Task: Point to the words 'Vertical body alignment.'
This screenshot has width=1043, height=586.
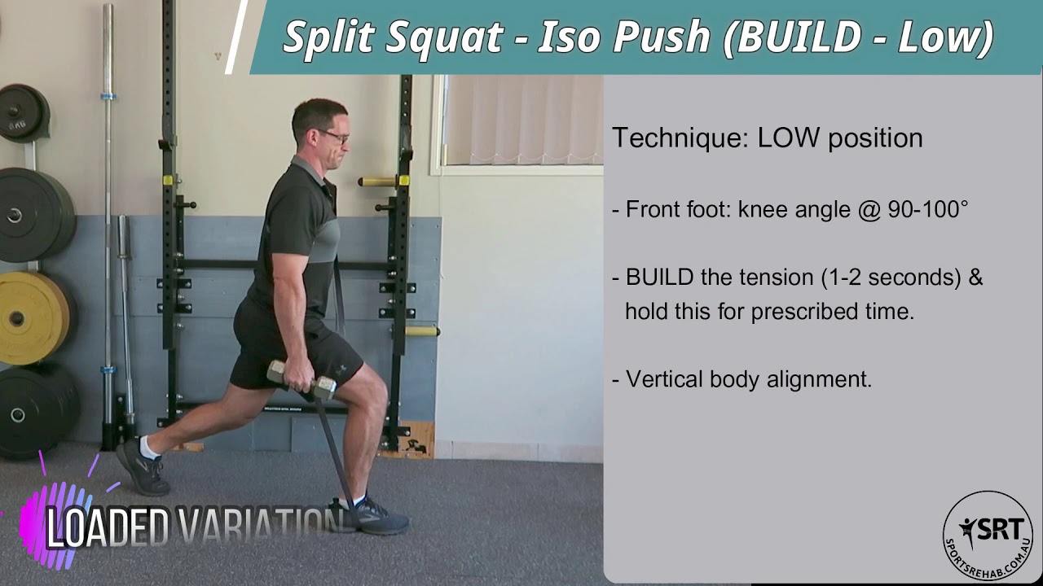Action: (749, 379)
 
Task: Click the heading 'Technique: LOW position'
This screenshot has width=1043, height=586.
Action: (767, 138)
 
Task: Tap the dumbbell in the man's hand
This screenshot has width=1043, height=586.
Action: (301, 378)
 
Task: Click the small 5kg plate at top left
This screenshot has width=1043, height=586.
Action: (21, 113)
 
